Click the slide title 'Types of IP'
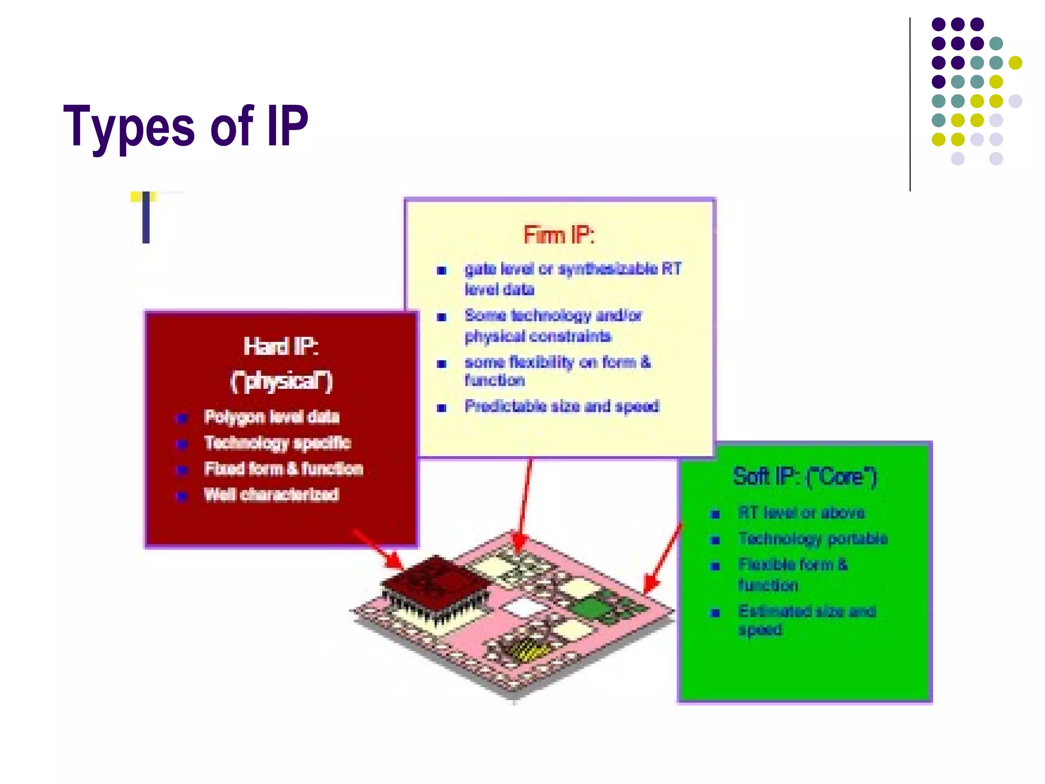click(186, 126)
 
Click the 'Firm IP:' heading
click(559, 235)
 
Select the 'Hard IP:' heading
click(281, 347)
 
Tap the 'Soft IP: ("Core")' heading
click(805, 477)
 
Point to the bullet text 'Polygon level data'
click(271, 417)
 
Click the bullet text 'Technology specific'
click(277, 443)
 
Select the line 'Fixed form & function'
click(283, 469)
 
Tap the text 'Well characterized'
click(271, 495)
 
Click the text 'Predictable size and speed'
click(562, 406)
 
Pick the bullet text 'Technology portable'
click(813, 538)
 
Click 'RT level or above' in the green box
click(801, 512)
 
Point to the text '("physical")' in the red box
click(281, 381)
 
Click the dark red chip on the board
click(434, 582)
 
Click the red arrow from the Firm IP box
click(525, 505)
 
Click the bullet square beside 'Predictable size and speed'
click(442, 408)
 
